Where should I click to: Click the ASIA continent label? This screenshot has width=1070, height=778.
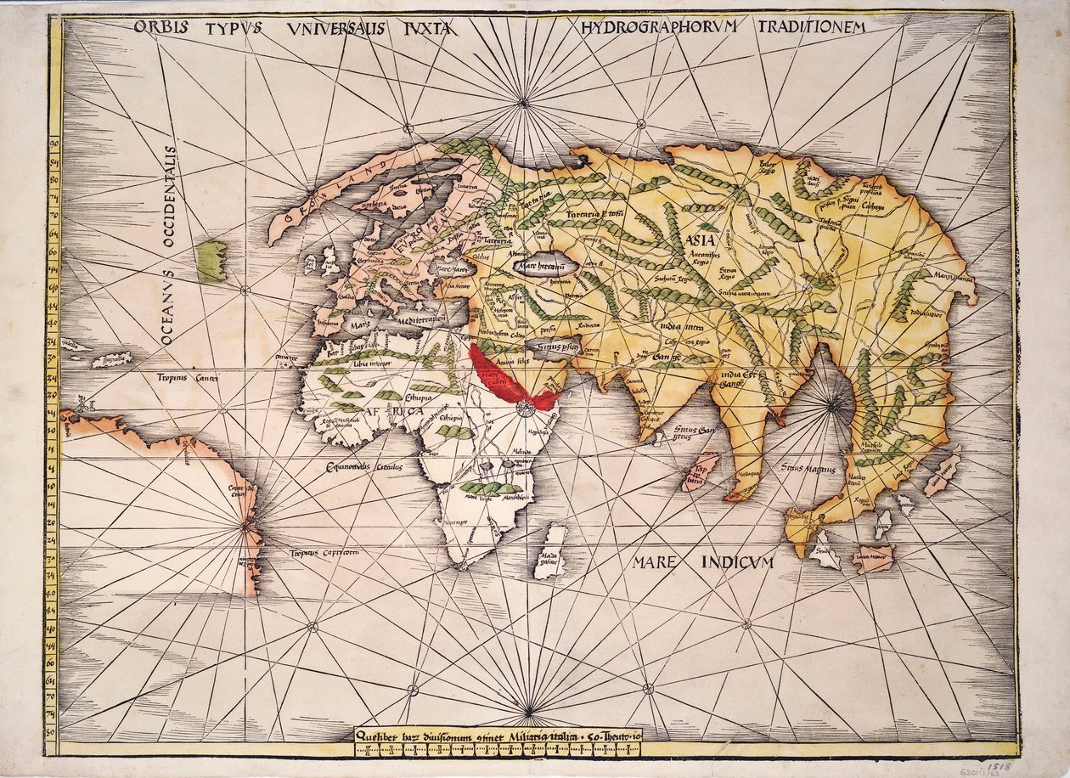[x=698, y=240]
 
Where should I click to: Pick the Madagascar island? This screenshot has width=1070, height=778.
[x=552, y=552]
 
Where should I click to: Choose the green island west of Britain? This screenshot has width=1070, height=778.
[x=211, y=261]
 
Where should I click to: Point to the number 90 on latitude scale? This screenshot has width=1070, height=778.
[x=53, y=144]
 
